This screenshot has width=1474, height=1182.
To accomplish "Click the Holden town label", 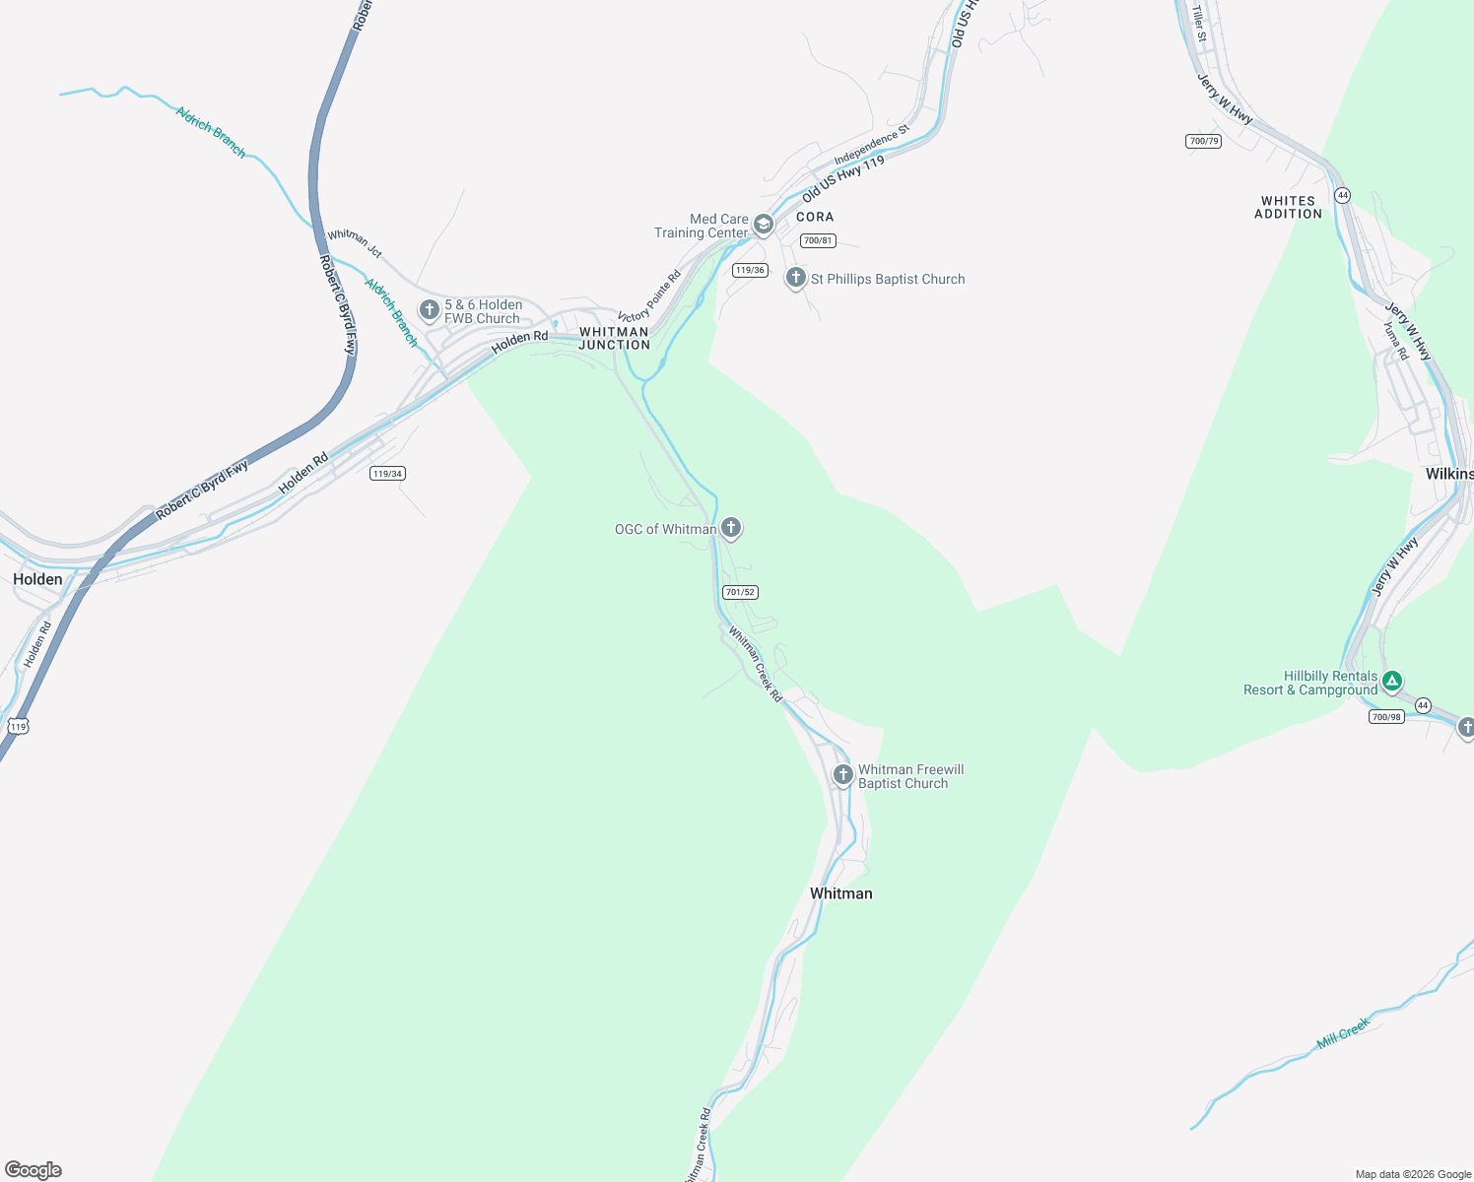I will [x=37, y=579].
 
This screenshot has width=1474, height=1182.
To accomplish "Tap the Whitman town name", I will [x=840, y=893].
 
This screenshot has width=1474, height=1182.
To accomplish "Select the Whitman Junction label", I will [x=614, y=338].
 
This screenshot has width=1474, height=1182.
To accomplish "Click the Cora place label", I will [x=815, y=217].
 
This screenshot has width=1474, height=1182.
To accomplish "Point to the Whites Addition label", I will [x=1288, y=207].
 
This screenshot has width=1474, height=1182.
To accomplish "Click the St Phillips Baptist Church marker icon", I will [x=795, y=278].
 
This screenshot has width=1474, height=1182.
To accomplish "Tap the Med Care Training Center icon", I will [x=763, y=226].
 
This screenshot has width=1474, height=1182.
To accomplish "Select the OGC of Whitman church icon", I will [x=730, y=528].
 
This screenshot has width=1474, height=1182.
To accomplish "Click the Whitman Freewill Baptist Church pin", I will [x=842, y=775].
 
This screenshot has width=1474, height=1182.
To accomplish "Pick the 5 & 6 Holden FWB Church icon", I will [x=429, y=310].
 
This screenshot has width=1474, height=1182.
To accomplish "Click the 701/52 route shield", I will [x=740, y=592].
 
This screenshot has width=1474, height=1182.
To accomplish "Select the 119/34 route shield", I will [x=387, y=474].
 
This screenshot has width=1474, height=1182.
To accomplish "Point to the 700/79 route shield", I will [x=1203, y=141].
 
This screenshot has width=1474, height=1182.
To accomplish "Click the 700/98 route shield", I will [x=1386, y=717].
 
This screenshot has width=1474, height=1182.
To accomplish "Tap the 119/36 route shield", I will [x=750, y=270].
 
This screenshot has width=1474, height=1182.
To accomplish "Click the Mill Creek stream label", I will [x=1343, y=1033].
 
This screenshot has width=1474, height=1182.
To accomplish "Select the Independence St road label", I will [x=872, y=145].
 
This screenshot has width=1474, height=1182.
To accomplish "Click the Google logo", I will [x=33, y=1170].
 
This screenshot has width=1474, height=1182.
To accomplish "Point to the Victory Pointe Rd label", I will [x=649, y=295].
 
